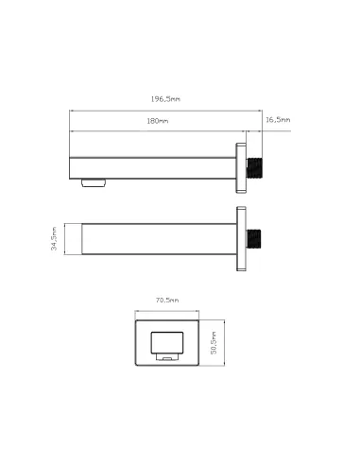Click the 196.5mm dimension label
click(165, 99)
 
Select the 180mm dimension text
click(158, 121)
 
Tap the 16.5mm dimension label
click(278, 120)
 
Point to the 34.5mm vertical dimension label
click(54, 238)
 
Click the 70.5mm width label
click(167, 300)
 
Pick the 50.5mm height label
click(214, 343)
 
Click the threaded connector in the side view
click(255, 168)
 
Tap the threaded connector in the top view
click(254, 239)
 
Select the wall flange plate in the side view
click(241, 168)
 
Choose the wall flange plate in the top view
click(241, 238)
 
